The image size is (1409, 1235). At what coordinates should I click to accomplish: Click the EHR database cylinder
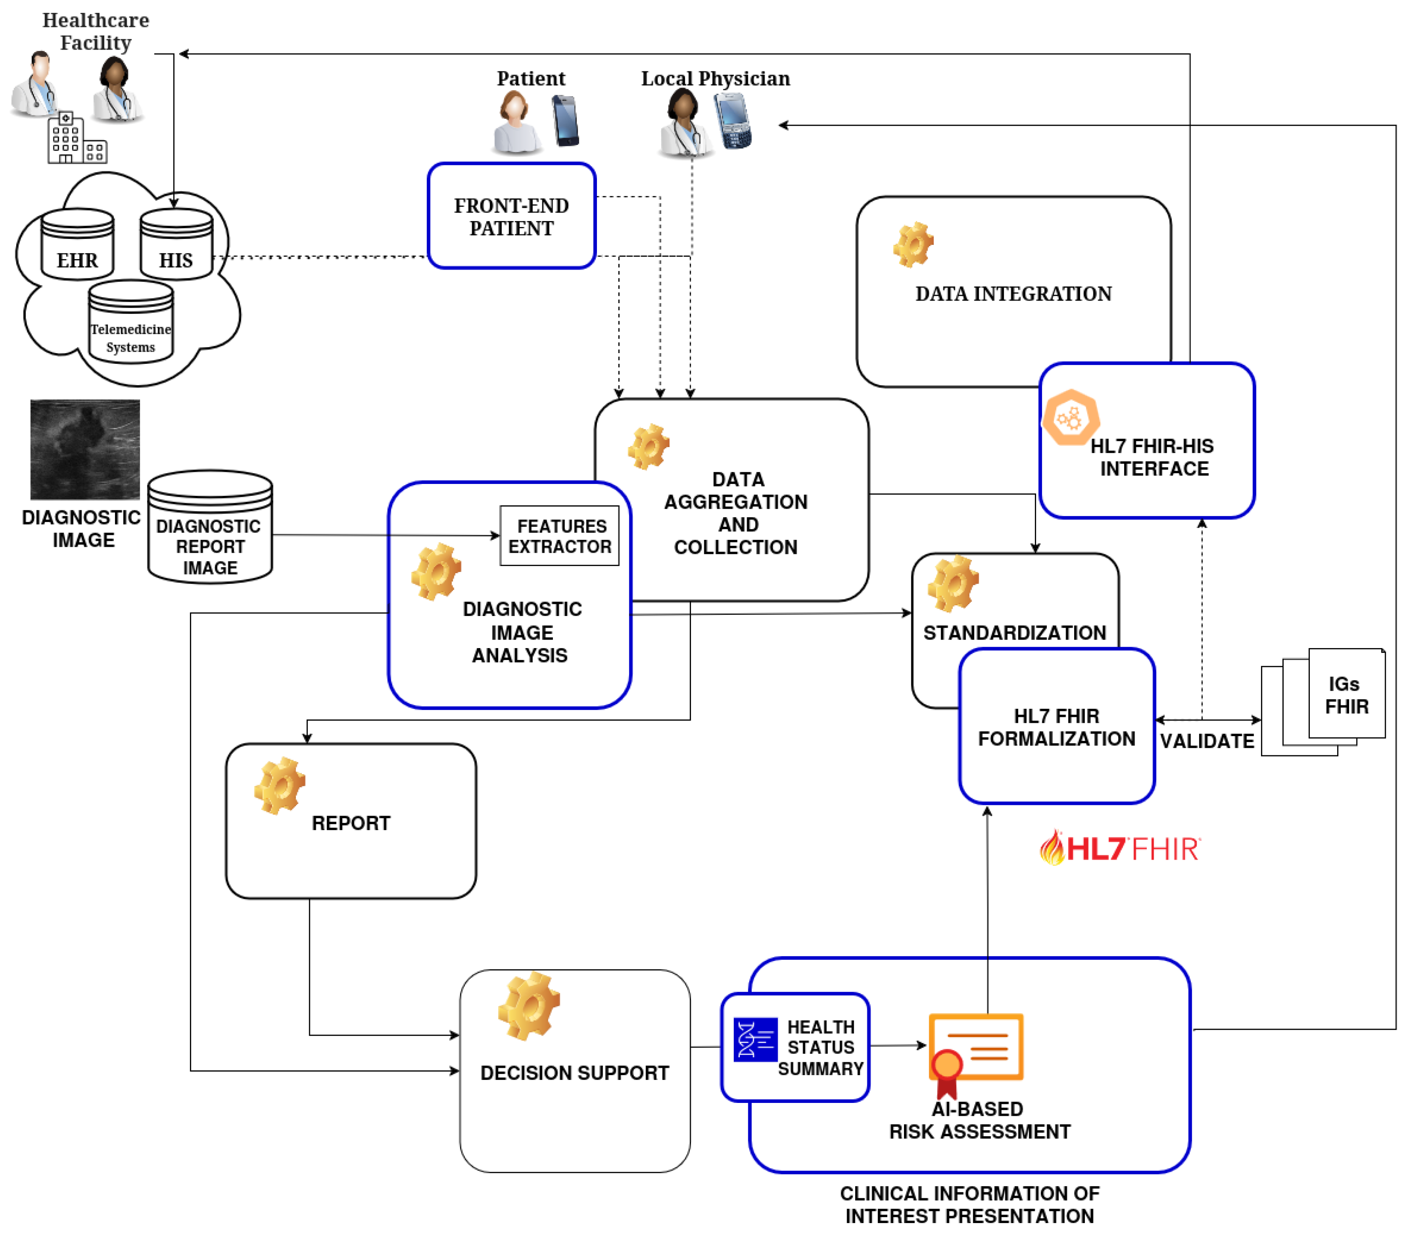coord(77,245)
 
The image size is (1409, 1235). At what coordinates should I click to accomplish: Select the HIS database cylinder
coord(177,245)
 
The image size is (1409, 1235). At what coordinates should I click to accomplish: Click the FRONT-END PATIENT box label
coord(511,216)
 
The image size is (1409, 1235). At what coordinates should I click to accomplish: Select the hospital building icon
coord(76,139)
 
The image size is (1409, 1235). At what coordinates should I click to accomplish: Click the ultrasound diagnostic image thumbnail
coord(85,449)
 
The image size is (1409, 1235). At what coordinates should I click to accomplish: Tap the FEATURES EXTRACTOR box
coord(560,536)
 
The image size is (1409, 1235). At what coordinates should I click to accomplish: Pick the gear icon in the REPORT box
coord(279,786)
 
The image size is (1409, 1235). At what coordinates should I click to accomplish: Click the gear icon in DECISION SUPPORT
coord(529,1005)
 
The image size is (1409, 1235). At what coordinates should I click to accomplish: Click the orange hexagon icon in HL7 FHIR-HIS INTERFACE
coord(1070,417)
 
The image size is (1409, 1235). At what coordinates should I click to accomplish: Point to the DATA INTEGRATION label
coord(1013,294)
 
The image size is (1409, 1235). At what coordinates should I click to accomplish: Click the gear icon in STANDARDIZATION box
coord(953,584)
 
